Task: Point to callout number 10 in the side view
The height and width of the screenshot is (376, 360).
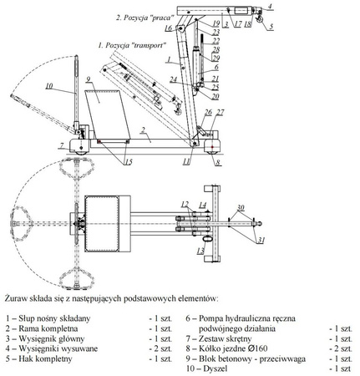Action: [x=49, y=86]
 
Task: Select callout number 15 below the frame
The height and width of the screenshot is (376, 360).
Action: [x=128, y=162]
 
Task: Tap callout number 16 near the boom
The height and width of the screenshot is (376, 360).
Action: [x=168, y=28]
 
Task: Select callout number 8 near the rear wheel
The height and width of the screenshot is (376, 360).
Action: [x=217, y=164]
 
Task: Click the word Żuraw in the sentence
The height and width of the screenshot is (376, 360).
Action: [x=17, y=297]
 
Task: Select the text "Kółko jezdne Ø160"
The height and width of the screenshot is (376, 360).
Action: [x=239, y=348]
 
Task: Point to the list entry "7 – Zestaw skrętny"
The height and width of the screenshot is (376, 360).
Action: [x=225, y=338]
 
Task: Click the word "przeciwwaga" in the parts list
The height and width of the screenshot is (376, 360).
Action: [x=281, y=358]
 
